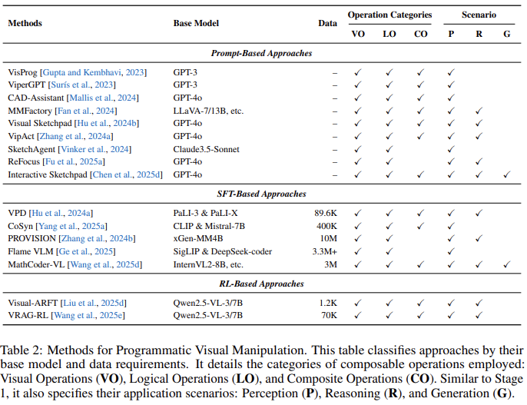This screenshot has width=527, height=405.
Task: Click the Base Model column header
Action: (196, 23)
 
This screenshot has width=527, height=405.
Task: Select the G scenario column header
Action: (506, 34)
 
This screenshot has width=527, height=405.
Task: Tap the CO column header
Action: (420, 34)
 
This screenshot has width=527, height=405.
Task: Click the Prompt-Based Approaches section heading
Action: (261, 53)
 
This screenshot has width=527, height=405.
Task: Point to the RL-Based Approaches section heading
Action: (261, 284)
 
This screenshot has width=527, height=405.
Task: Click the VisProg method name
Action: (22, 72)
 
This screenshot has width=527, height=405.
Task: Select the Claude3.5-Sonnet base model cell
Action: (206, 149)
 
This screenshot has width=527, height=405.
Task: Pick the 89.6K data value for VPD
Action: (326, 213)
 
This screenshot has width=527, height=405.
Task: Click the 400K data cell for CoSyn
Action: (326, 226)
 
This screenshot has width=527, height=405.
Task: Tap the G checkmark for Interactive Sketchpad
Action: (506, 174)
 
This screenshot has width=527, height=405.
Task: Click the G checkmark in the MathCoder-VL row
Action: (506, 264)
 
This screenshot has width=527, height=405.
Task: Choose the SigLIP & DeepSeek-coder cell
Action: (223, 251)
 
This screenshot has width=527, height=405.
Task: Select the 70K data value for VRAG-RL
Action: (330, 315)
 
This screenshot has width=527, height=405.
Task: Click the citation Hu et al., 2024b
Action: (107, 123)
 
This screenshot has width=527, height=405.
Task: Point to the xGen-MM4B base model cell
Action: (198, 238)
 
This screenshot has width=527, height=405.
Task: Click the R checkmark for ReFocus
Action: (479, 161)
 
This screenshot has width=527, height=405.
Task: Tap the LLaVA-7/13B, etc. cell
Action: (208, 111)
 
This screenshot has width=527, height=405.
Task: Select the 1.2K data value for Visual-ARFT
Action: (328, 303)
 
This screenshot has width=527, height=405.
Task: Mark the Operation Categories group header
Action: (389, 15)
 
